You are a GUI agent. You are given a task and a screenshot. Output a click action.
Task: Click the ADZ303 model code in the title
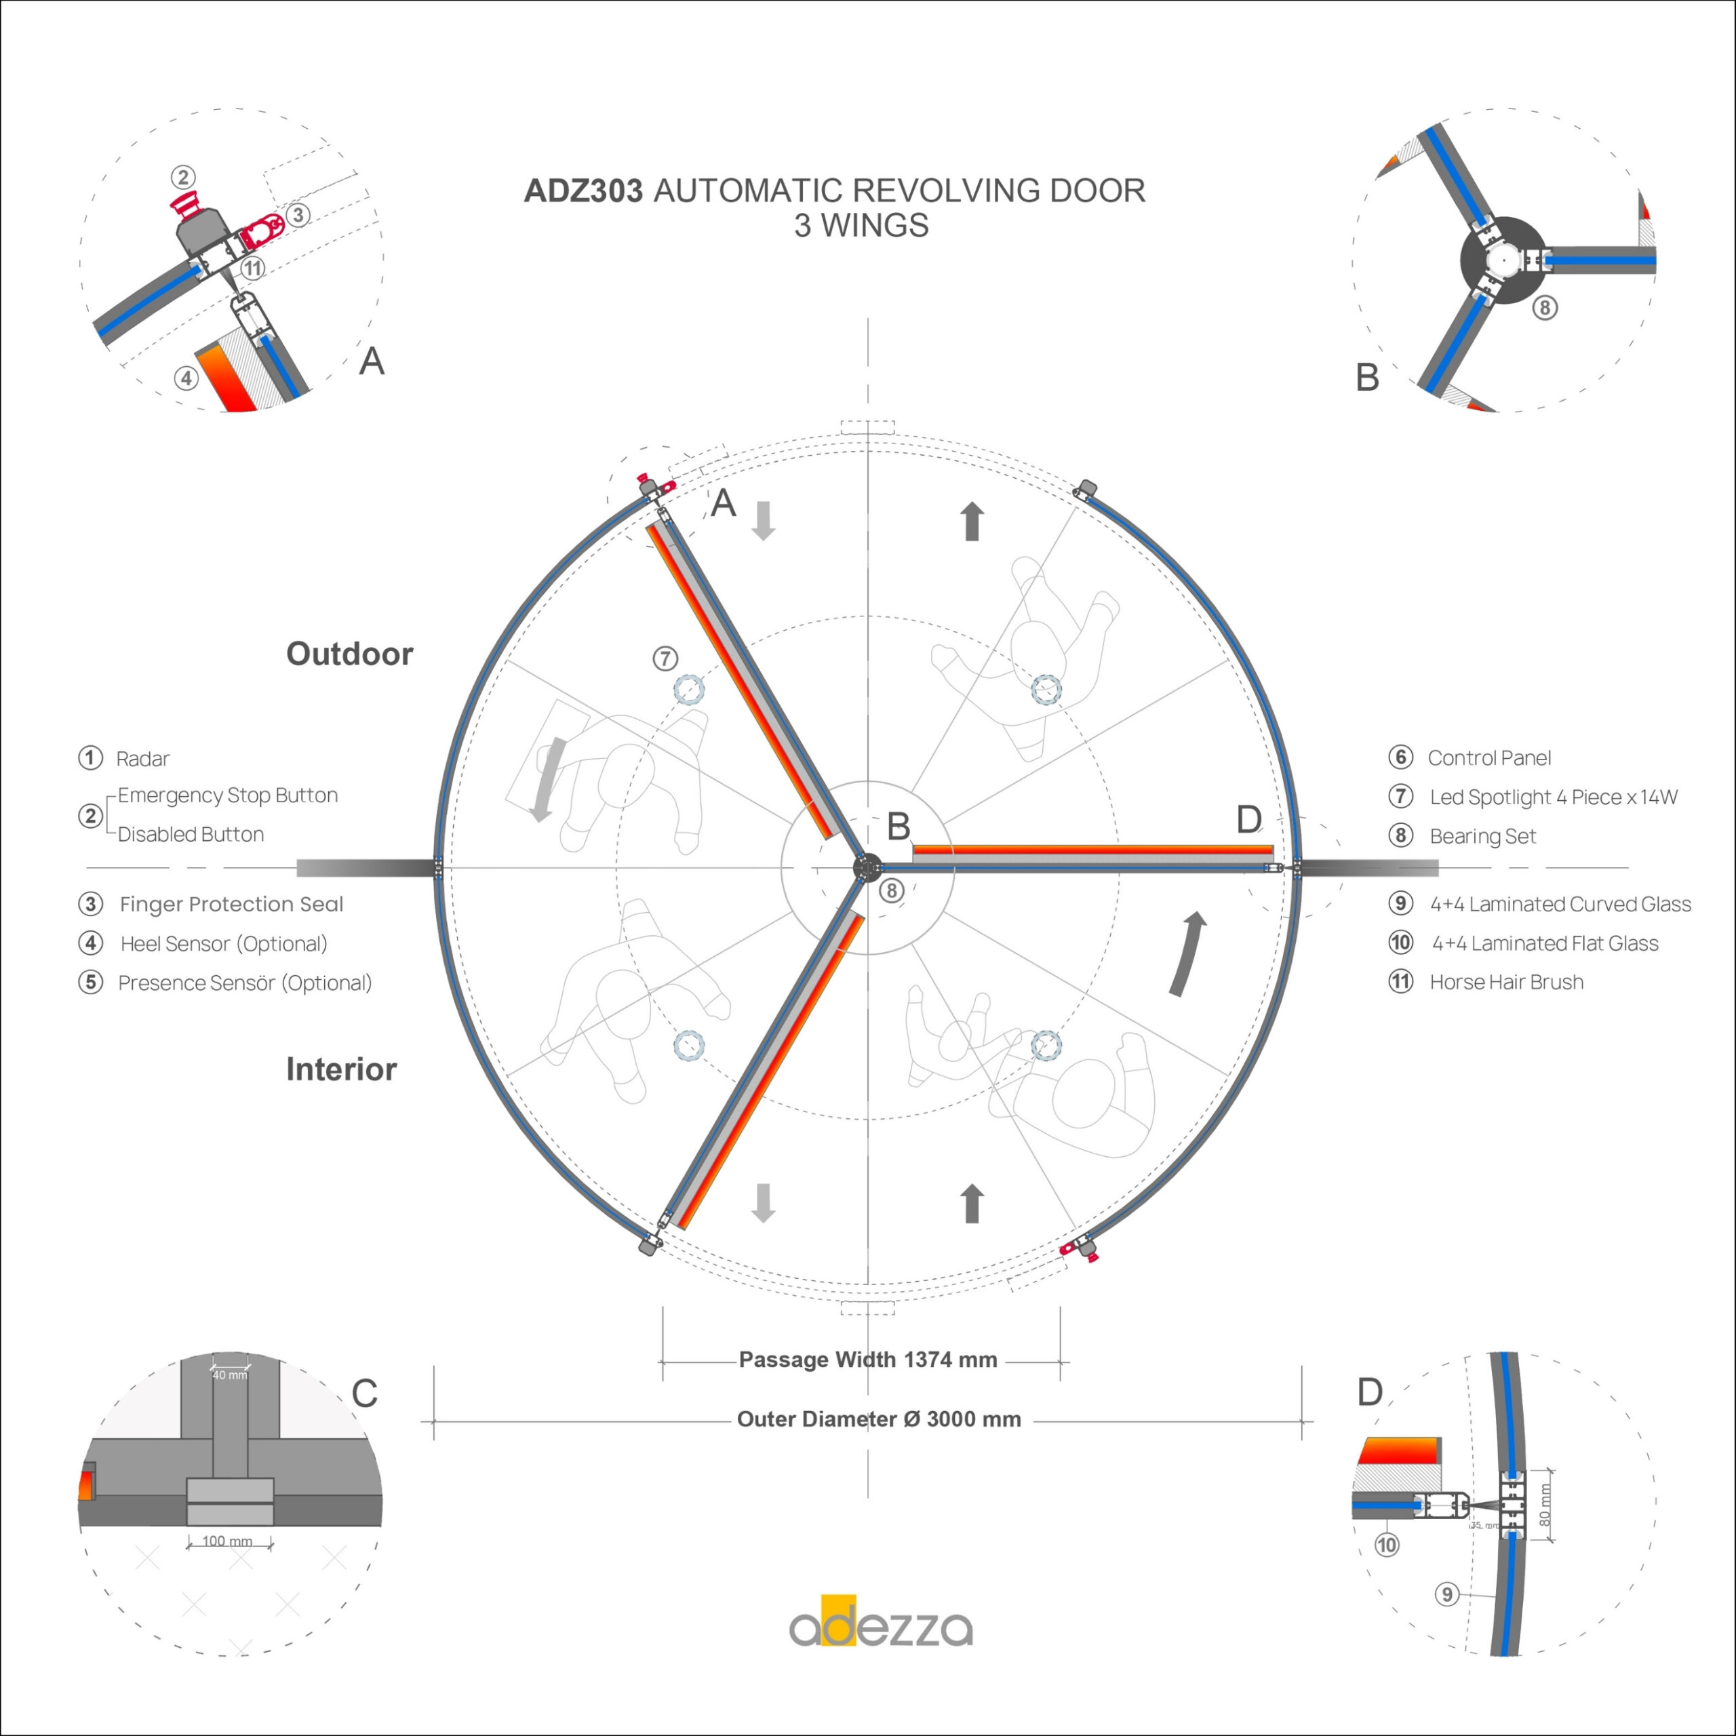(x=583, y=191)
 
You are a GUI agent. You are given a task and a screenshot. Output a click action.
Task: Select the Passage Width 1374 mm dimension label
(x=868, y=1360)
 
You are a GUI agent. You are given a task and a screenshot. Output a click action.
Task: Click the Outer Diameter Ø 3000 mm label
(x=879, y=1420)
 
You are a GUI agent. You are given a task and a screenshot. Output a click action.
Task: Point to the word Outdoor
(x=349, y=654)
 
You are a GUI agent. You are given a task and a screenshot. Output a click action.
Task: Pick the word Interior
(x=342, y=1069)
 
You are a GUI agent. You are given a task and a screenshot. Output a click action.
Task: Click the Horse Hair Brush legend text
(x=1506, y=982)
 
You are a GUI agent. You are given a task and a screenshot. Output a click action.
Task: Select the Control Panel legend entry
(x=1489, y=758)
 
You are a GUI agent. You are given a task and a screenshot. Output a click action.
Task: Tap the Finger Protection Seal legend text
(x=231, y=904)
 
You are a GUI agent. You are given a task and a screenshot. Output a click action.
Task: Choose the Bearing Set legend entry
(x=1482, y=837)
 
